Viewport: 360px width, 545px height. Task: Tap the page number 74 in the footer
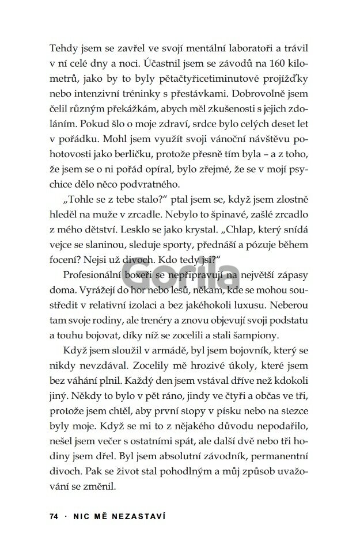(54, 517)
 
